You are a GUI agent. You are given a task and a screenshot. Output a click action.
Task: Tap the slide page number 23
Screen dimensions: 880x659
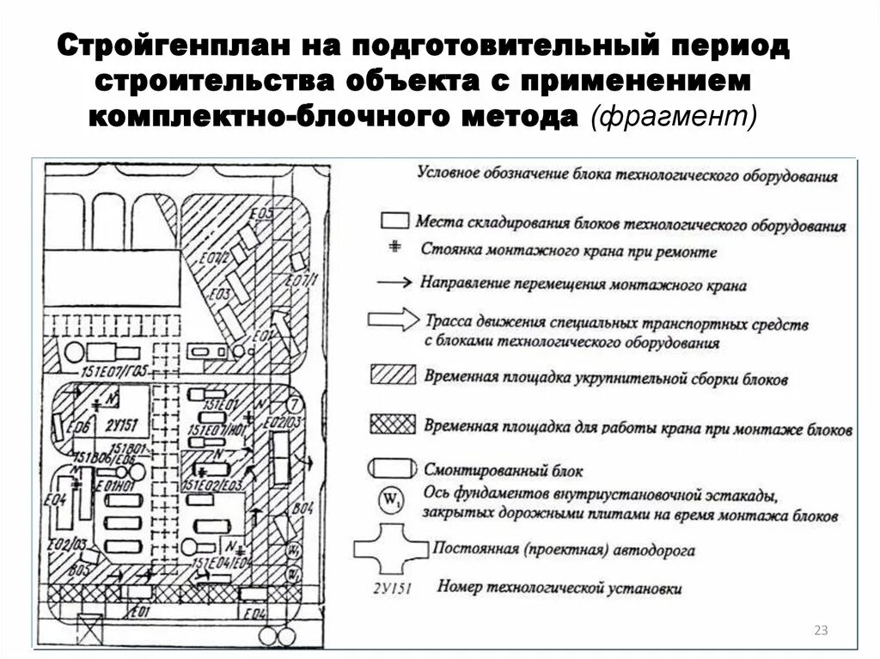point(820,632)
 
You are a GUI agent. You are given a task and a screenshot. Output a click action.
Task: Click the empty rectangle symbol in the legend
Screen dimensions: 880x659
point(394,220)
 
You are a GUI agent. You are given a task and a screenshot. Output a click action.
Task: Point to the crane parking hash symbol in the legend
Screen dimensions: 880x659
point(395,247)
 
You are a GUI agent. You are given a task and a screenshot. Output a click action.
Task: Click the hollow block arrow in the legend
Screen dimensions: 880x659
point(393,320)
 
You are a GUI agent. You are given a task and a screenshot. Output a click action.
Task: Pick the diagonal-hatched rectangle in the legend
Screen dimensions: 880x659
point(391,375)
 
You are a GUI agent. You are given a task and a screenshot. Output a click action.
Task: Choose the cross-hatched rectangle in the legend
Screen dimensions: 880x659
point(391,424)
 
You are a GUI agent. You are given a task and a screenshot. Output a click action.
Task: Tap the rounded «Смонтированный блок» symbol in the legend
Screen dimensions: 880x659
point(391,468)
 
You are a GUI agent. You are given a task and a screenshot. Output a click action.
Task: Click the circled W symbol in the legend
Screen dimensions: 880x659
point(391,498)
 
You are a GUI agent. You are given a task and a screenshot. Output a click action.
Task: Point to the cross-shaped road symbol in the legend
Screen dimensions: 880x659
point(391,550)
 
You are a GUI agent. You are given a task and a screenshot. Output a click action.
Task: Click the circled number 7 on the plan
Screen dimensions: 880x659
point(294,404)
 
